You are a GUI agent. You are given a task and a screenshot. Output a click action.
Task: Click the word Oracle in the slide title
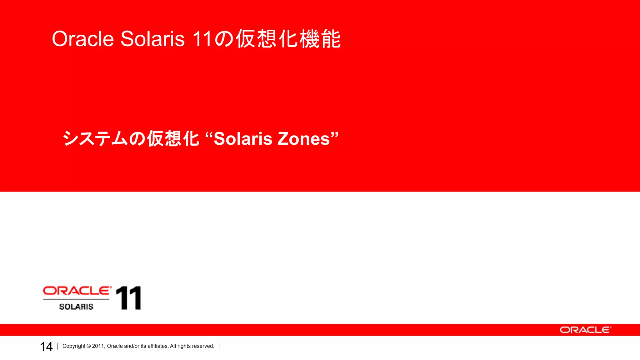coord(83,39)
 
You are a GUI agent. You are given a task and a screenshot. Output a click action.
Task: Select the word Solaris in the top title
coord(152,39)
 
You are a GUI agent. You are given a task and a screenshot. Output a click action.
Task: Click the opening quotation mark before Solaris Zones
coord(209,135)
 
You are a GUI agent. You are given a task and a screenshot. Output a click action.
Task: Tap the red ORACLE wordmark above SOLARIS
coord(77,291)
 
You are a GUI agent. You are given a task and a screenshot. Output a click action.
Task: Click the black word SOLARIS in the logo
coord(76,307)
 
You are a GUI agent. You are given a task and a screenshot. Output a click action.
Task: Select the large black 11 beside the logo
coord(128,298)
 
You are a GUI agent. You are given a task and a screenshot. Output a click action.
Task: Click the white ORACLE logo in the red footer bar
coord(585,330)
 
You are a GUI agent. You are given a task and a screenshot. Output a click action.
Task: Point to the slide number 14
coord(46,347)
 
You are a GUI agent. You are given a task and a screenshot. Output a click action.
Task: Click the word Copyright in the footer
coord(74,346)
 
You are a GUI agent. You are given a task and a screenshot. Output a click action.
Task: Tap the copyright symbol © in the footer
coord(89,346)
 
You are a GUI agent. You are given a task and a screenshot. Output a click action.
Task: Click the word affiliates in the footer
coord(158,346)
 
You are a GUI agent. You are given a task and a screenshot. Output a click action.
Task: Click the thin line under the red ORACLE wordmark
coord(76,299)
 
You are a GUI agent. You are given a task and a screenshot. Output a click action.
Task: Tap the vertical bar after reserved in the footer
coord(219,346)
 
